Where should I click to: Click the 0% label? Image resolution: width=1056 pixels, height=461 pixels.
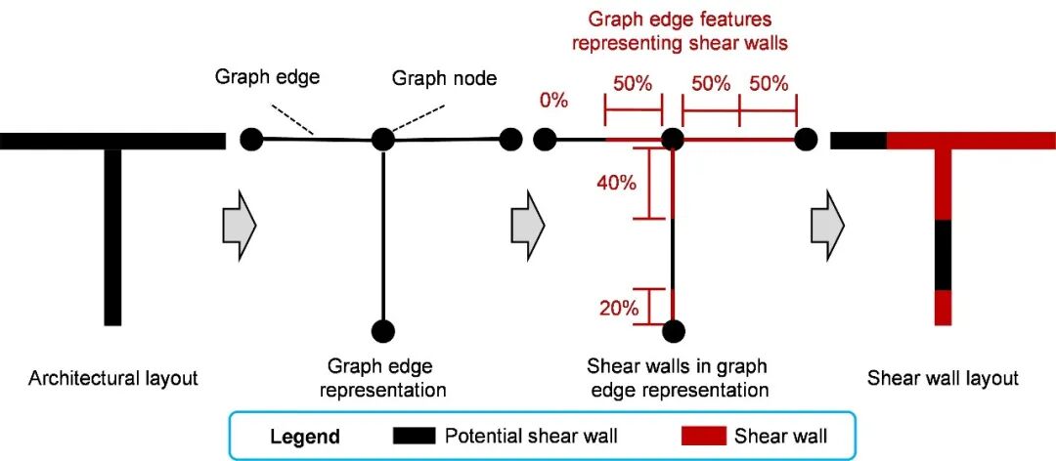coord(554,100)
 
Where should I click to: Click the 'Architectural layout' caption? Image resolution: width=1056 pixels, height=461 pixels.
coord(113,378)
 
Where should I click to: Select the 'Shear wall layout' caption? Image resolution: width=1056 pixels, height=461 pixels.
coord(943,378)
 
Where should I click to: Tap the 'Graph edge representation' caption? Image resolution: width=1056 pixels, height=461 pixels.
coord(382,378)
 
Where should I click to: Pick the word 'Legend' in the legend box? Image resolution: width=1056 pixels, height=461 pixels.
coord(305,436)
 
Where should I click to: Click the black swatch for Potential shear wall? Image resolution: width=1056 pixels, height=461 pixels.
coord(414,436)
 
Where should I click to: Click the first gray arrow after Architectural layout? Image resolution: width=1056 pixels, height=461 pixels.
coord(239,225)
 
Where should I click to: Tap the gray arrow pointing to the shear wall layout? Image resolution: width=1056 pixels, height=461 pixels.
coord(826,225)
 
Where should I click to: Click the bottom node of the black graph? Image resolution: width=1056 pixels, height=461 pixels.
coord(382,331)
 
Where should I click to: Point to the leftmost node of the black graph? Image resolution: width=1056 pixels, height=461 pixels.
coord(251,140)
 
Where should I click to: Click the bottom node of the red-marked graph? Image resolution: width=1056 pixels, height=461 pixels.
coord(674,331)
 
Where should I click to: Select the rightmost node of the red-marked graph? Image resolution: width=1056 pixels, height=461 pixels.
coord(805,140)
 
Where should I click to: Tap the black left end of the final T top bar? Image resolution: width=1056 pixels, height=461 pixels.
coord(858,140)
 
